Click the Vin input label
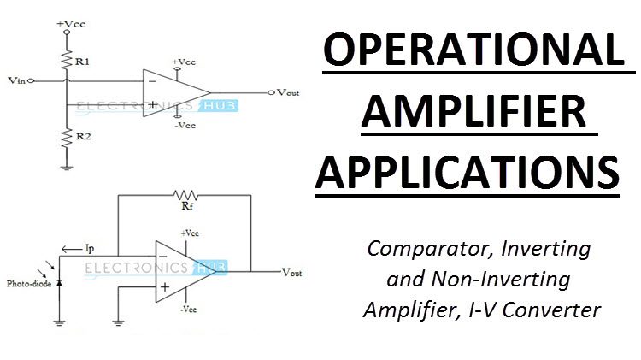coord(15,82)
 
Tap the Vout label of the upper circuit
coord(288,92)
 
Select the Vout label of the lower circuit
coord(294,271)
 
